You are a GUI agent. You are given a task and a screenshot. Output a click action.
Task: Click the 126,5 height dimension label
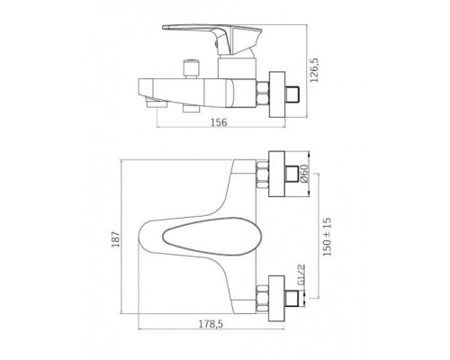pyautogui.click(x=315, y=71)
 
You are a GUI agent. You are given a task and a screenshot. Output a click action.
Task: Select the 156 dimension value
pyautogui.click(x=219, y=122)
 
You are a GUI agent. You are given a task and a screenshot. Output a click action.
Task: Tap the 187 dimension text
pyautogui.click(x=116, y=239)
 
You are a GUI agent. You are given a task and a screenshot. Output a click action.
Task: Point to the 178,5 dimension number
pyautogui.click(x=211, y=324)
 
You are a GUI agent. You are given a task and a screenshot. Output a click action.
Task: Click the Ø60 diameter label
pyautogui.click(x=304, y=174)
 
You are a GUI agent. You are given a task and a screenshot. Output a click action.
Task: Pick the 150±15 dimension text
pyautogui.click(x=327, y=237)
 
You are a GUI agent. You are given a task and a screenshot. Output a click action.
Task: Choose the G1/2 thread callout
pyautogui.click(x=301, y=275)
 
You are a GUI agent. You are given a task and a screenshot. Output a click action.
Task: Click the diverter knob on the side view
pyautogui.click(x=191, y=69)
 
